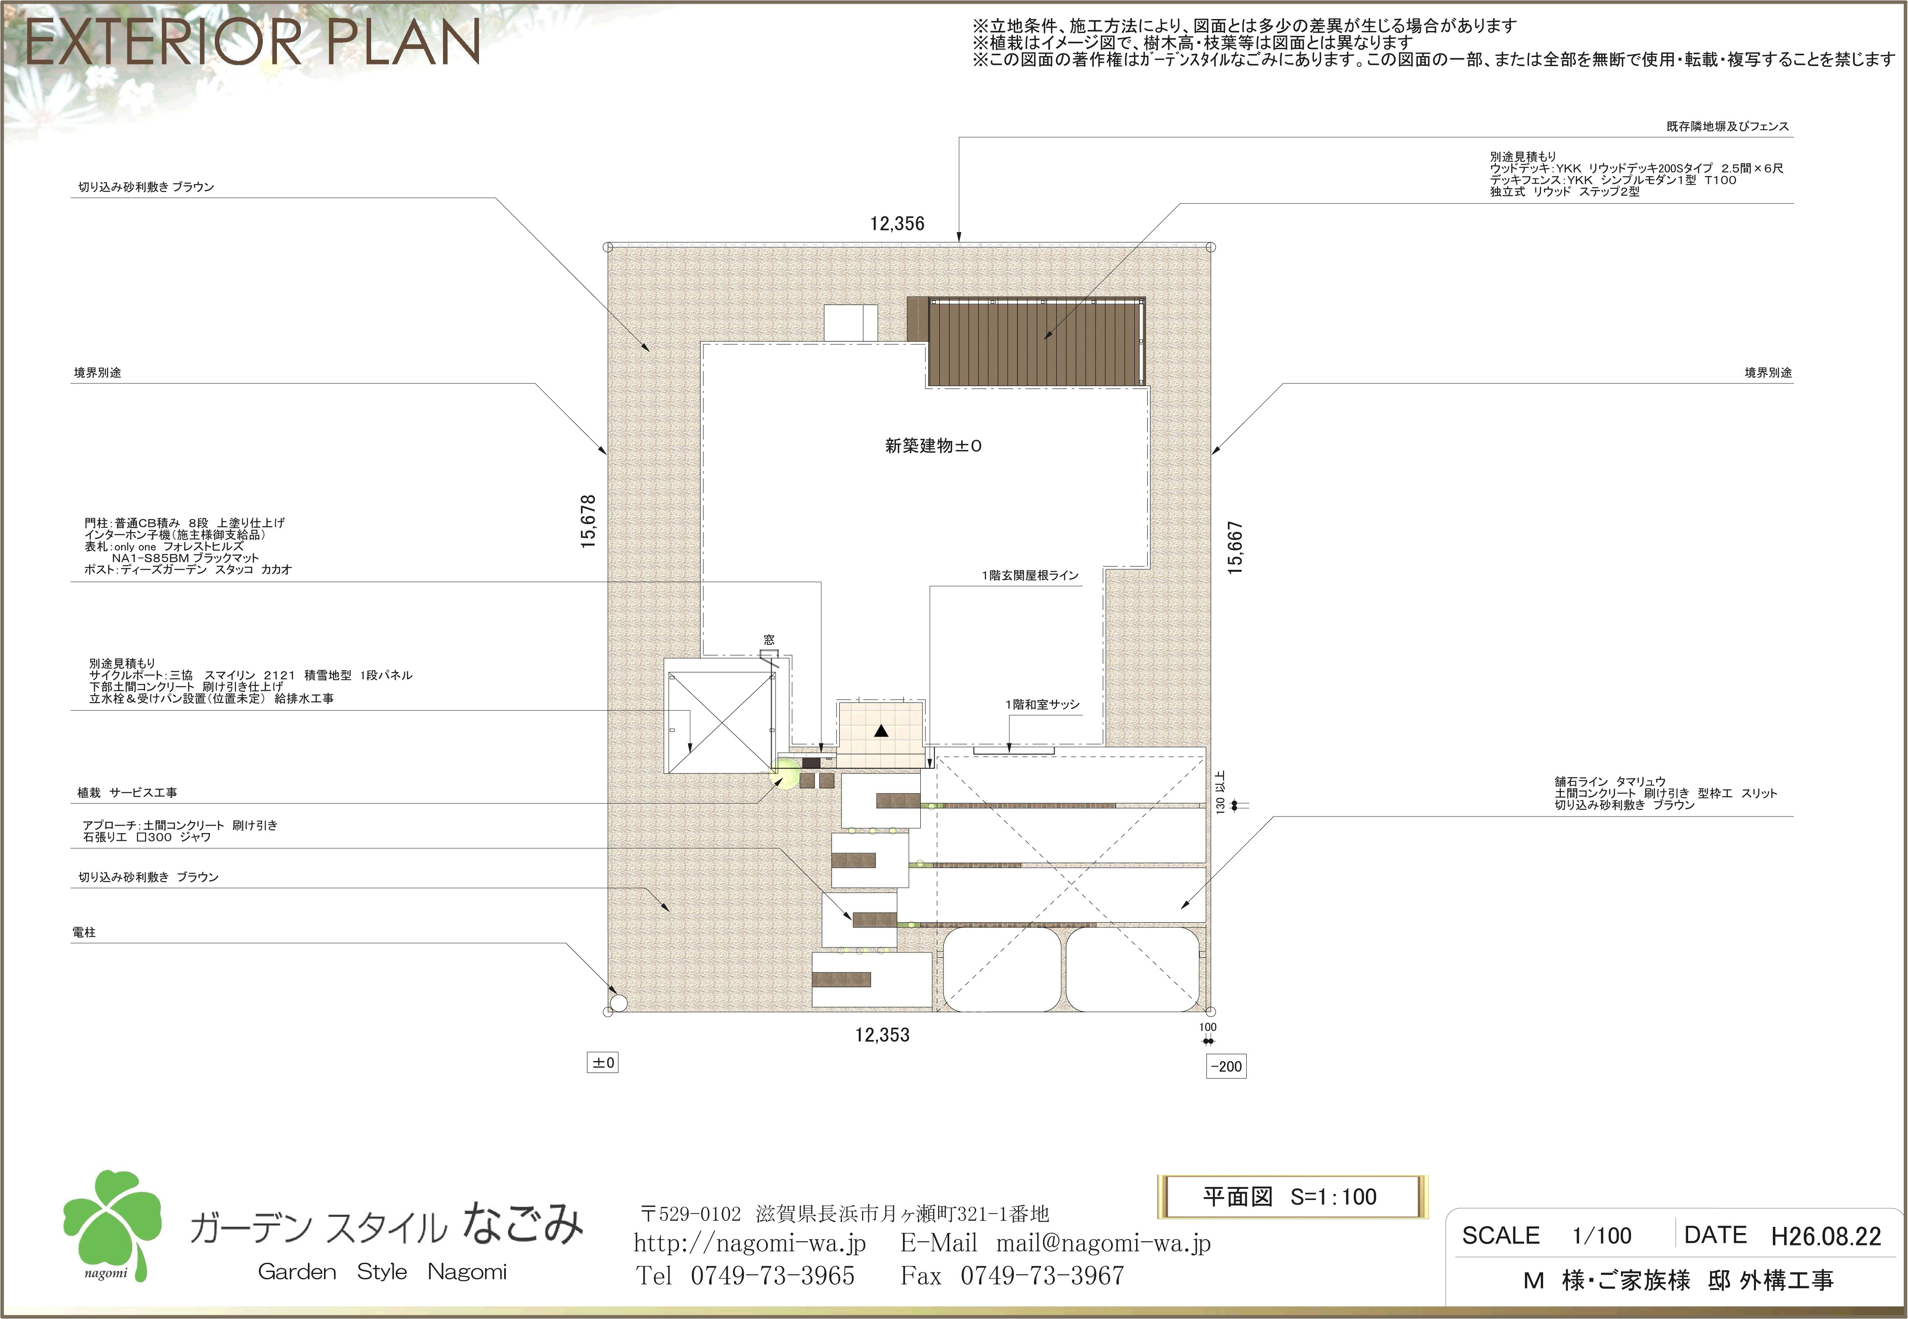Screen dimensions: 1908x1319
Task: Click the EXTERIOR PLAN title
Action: [253, 43]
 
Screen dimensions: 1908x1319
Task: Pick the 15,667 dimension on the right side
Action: [1235, 548]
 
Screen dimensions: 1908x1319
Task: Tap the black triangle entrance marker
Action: [881, 731]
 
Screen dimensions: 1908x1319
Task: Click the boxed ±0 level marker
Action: [603, 1063]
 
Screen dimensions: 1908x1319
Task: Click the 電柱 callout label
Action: [84, 932]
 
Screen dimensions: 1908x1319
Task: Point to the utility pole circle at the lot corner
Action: [617, 1003]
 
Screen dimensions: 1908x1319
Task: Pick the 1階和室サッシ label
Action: [1042, 705]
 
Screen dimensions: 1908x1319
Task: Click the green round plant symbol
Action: [785, 774]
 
